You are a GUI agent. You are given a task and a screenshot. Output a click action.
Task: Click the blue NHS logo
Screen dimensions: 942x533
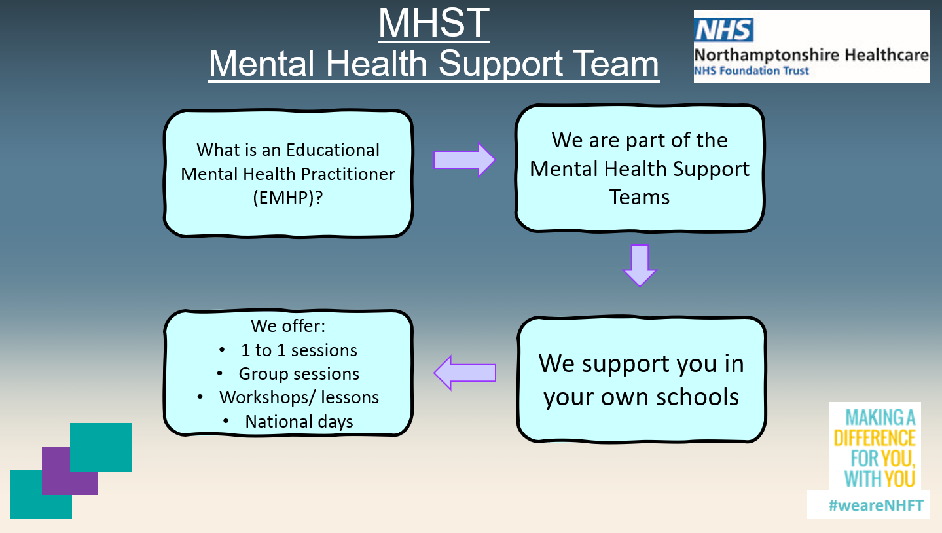tap(723, 29)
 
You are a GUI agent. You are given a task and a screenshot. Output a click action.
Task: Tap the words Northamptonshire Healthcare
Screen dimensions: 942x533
tap(811, 55)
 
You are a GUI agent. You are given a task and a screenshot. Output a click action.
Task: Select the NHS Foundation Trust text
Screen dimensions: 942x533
tap(752, 71)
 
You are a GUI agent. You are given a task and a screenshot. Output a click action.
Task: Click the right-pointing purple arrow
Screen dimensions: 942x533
tap(465, 160)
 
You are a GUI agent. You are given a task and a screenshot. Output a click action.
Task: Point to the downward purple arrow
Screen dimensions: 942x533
tap(640, 265)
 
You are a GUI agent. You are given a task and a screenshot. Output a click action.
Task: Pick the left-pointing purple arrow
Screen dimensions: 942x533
tap(465, 373)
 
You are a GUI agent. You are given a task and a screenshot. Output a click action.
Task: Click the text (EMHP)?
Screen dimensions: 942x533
tap(288, 197)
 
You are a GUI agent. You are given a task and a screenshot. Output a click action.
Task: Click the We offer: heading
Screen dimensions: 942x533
tap(288, 326)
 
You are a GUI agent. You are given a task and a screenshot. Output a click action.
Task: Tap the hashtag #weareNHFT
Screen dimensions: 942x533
tap(876, 505)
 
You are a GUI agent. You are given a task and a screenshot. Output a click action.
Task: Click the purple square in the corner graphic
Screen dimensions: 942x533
tap(70, 471)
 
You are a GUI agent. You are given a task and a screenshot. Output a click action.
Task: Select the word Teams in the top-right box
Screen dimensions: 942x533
tap(639, 197)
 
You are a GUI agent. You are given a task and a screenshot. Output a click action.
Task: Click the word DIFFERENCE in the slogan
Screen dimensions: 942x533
tap(875, 438)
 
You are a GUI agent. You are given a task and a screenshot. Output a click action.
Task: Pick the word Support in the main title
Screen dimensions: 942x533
tap(500, 64)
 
